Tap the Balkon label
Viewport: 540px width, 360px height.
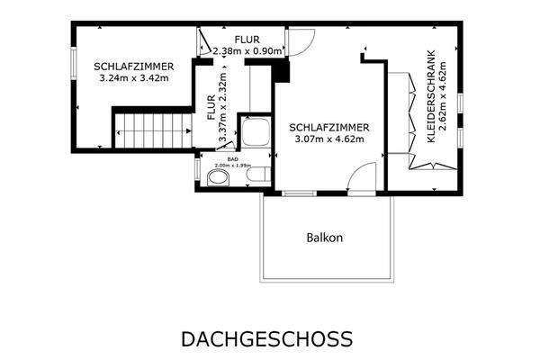coord(325,238)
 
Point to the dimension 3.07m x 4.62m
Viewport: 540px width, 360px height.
coord(327,139)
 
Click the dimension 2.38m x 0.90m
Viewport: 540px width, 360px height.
coord(246,51)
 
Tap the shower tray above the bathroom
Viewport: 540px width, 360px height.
coord(253,132)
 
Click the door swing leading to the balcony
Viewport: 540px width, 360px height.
coord(363,180)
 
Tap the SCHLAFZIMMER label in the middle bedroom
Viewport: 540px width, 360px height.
coord(327,127)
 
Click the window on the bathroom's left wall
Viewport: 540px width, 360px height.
coord(196,168)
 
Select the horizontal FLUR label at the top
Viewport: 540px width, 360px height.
coord(246,40)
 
